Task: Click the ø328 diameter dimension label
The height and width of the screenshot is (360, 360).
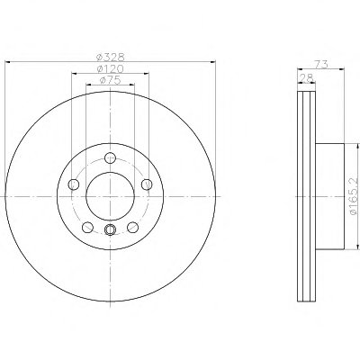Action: coord(110,57)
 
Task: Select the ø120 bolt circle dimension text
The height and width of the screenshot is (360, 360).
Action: coord(110,68)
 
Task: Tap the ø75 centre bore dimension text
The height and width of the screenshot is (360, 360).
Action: coord(110,80)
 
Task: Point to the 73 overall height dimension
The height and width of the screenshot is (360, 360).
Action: coord(321,64)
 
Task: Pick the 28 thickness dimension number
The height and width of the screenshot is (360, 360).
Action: coord(306,77)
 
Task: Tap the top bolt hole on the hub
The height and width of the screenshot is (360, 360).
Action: coord(111,157)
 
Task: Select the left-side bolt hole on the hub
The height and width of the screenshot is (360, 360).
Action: coord(74,184)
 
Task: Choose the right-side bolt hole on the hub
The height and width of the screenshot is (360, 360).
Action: coord(147,184)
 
